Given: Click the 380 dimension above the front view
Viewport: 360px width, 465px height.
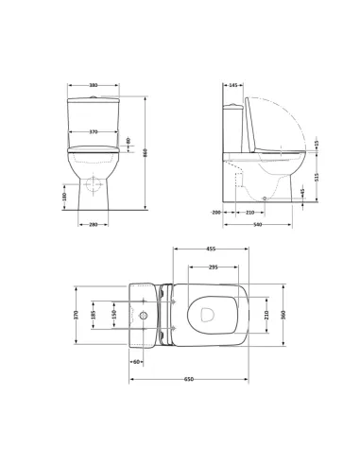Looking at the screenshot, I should tap(93, 85).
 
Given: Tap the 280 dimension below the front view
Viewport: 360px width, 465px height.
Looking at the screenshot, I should tap(93, 224).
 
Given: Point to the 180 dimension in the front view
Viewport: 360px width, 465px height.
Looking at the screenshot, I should tap(63, 196).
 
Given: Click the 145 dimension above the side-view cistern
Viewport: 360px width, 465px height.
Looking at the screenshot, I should tap(232, 85).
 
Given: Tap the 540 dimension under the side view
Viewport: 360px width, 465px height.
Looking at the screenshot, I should tap(257, 225).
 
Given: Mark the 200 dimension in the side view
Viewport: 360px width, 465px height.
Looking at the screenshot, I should tap(216, 213).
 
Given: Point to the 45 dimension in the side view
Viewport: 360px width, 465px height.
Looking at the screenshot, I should tap(302, 193).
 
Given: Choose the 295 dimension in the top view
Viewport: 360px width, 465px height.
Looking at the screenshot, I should tap(214, 267).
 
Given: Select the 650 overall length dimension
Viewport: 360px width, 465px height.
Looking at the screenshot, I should tap(188, 379).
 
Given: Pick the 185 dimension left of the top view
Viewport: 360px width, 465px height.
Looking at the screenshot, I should tap(93, 314).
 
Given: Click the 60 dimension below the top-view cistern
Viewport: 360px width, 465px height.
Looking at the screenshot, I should tap(137, 361).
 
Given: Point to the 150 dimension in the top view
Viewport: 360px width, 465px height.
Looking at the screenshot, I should tap(112, 314).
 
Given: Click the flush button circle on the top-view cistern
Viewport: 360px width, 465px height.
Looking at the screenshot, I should tap(144, 314).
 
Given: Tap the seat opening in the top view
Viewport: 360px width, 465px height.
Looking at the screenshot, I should tap(210, 314).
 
